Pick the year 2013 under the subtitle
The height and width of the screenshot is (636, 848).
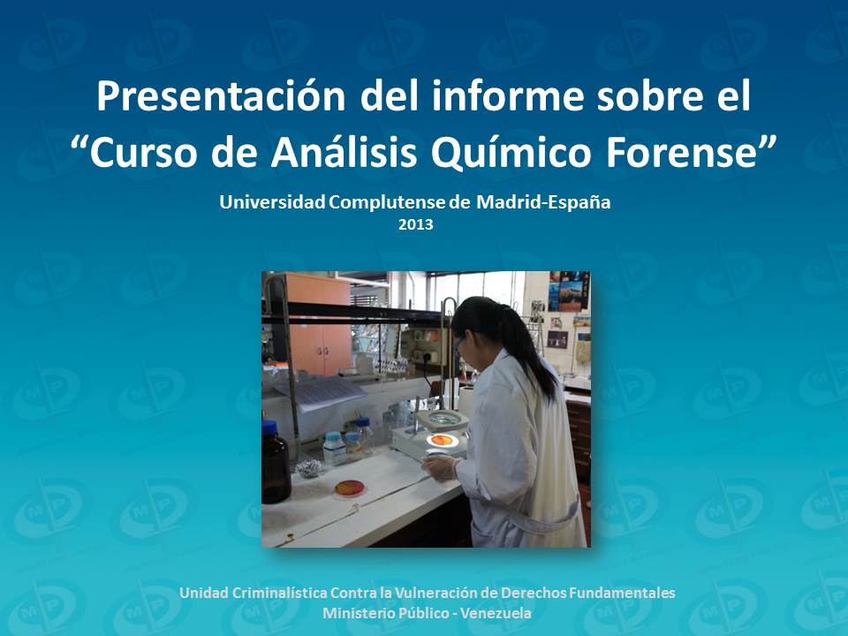[415, 224]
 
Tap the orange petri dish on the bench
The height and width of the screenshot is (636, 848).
[350, 487]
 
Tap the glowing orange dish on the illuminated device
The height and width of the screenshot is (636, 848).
[441, 439]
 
